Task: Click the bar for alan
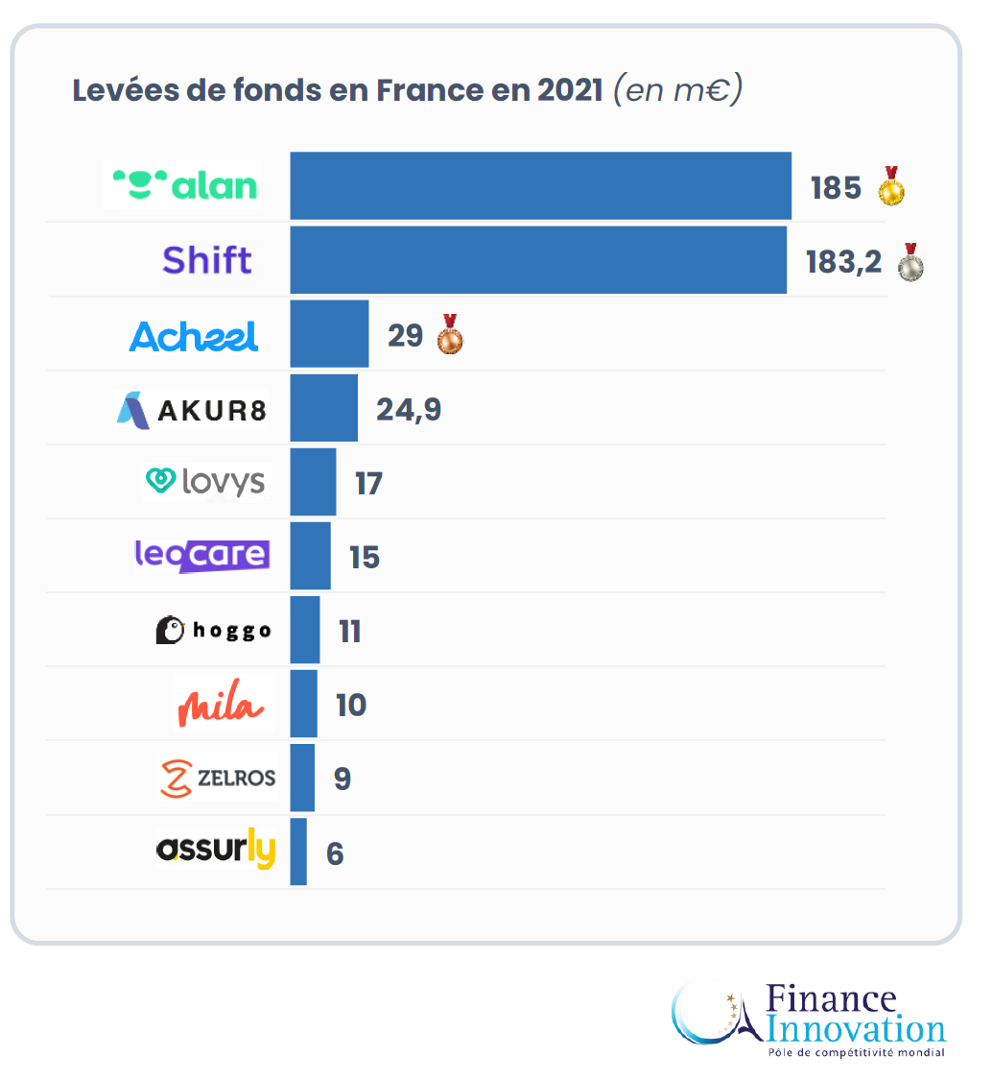[540, 185]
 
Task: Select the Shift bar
[538, 260]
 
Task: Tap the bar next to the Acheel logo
[329, 334]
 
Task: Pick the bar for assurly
[298, 851]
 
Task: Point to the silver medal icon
[910, 262]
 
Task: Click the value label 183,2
[843, 261]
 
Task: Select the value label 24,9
[409, 409]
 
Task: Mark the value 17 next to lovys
[368, 483]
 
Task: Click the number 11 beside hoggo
[350, 632]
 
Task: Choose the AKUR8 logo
[192, 410]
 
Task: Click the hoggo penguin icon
[170, 630]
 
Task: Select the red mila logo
[220, 706]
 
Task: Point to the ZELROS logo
[218, 779]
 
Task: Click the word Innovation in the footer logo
[857, 1030]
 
